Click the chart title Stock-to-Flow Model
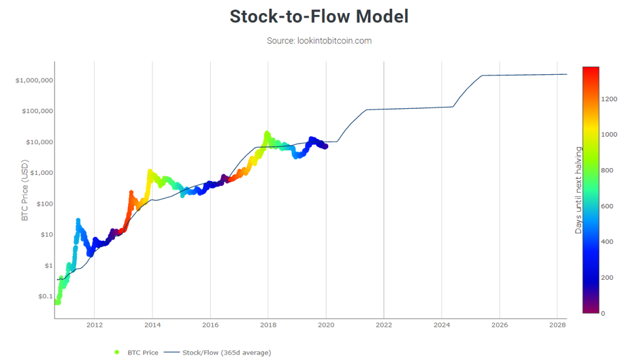click(x=319, y=16)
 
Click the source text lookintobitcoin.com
click(x=334, y=41)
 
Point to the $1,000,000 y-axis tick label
click(x=34, y=80)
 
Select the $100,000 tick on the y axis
click(x=37, y=111)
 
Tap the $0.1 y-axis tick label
click(x=46, y=297)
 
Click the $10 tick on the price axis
click(x=46, y=234)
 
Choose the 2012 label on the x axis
click(x=94, y=325)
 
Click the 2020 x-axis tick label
click(x=326, y=325)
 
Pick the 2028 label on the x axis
click(x=557, y=325)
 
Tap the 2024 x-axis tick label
click(x=442, y=325)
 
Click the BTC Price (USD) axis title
click(x=25, y=191)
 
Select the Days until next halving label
click(x=578, y=191)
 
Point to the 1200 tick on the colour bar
click(x=609, y=99)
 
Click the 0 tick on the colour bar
click(x=603, y=314)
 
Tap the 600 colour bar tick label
click(x=607, y=206)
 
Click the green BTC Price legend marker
click(x=117, y=353)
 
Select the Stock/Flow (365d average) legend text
click(x=227, y=353)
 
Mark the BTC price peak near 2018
click(x=267, y=133)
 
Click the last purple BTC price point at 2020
click(x=325, y=146)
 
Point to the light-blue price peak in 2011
click(x=78, y=220)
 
